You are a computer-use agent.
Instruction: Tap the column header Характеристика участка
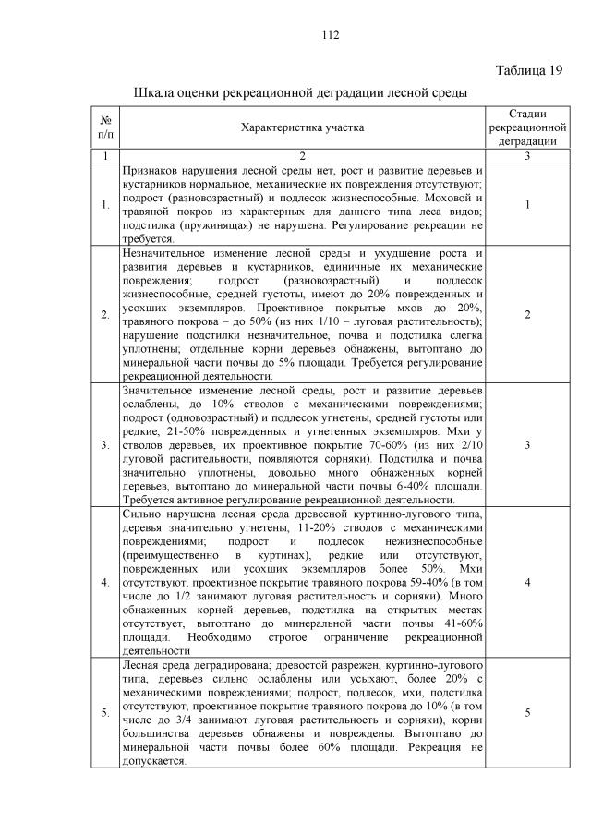[x=301, y=127]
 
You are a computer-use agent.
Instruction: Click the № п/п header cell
[x=106, y=127]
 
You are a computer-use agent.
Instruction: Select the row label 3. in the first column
[x=105, y=446]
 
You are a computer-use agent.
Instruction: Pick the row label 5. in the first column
[x=105, y=713]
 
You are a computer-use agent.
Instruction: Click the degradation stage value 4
[x=527, y=584]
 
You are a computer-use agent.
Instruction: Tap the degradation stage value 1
[x=527, y=205]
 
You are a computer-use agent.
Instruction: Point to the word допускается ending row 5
[x=153, y=762]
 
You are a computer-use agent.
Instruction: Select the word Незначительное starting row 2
[x=163, y=254]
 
